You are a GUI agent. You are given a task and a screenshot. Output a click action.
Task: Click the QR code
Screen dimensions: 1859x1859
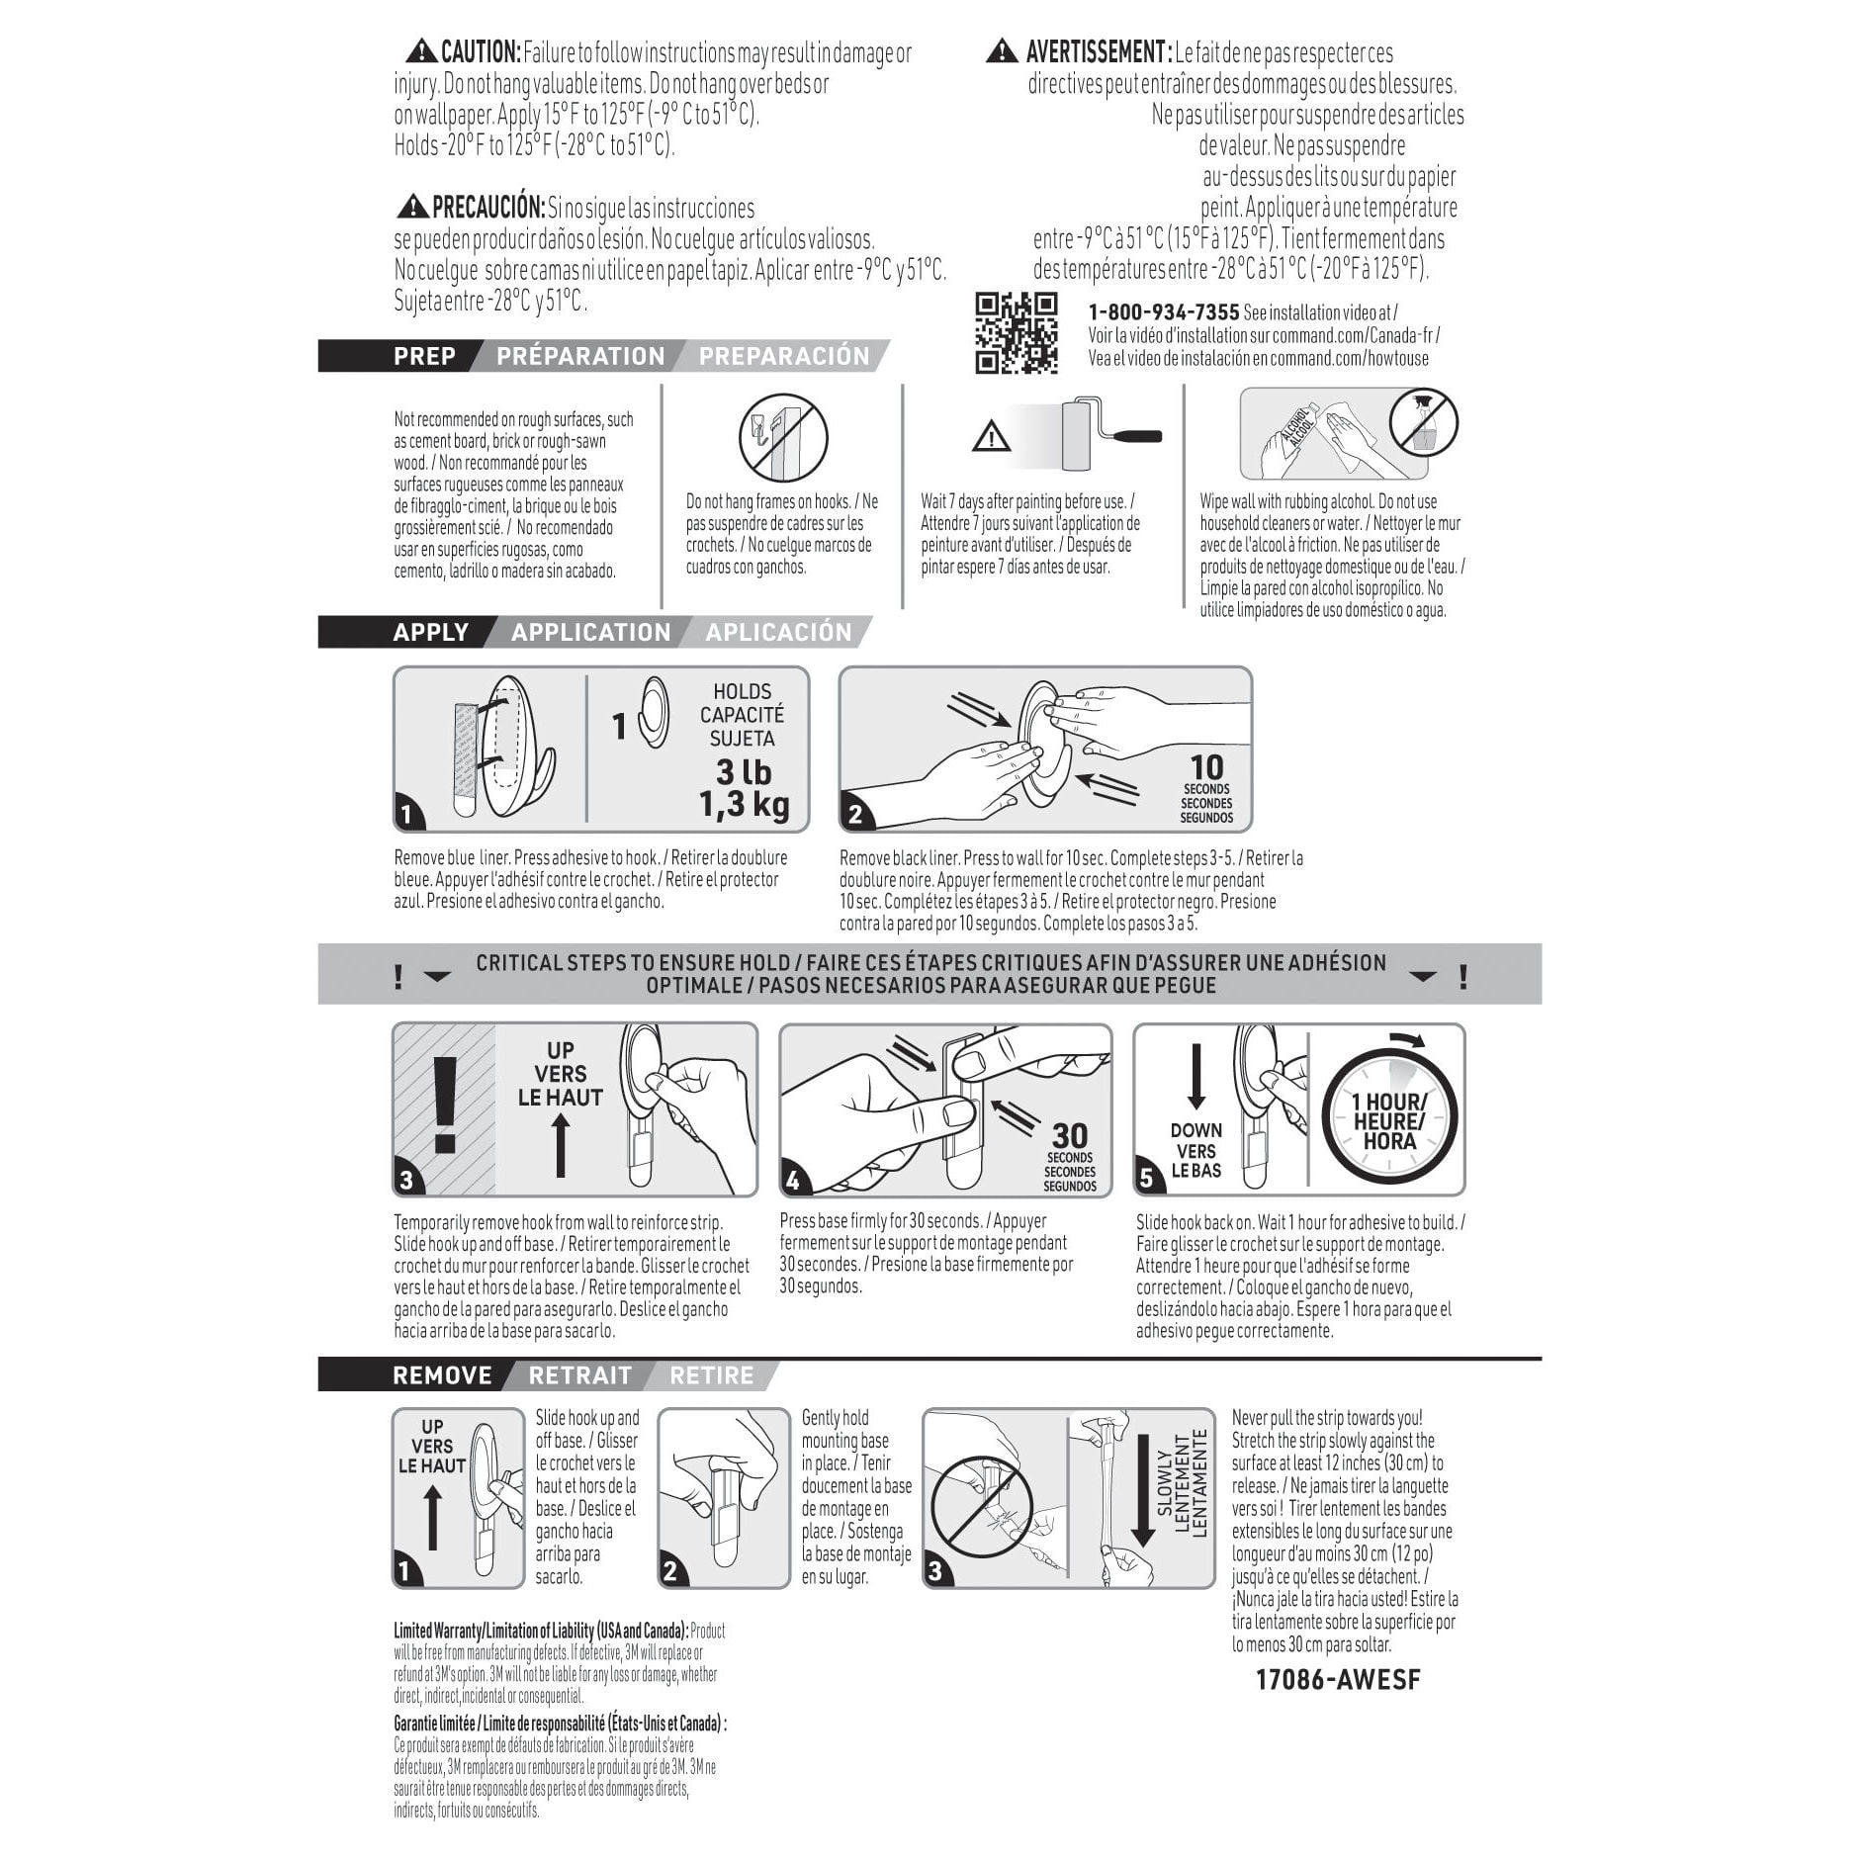click(1017, 333)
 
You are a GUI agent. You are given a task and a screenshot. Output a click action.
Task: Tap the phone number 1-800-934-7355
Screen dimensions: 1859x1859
click(1163, 312)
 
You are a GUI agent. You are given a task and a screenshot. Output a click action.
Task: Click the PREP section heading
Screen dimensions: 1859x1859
click(424, 356)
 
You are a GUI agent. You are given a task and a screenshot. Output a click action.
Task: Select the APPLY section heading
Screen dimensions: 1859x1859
click(430, 632)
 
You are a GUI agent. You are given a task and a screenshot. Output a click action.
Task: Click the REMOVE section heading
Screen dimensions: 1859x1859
click(442, 1375)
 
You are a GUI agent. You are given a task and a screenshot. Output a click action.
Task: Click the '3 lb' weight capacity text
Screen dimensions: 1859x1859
click(744, 772)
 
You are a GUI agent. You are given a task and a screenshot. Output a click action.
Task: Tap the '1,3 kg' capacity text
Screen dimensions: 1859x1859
click(745, 805)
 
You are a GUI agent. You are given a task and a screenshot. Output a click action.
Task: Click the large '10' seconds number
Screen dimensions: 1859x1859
click(1206, 767)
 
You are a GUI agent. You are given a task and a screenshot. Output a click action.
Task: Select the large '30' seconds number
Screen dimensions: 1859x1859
click(1070, 1136)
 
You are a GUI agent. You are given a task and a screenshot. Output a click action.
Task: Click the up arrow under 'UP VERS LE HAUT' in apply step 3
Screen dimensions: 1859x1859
click(560, 1146)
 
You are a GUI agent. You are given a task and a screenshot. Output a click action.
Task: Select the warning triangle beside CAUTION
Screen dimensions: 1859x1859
click(422, 51)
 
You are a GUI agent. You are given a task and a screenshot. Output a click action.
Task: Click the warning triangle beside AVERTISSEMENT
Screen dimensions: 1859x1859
click(1002, 51)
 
